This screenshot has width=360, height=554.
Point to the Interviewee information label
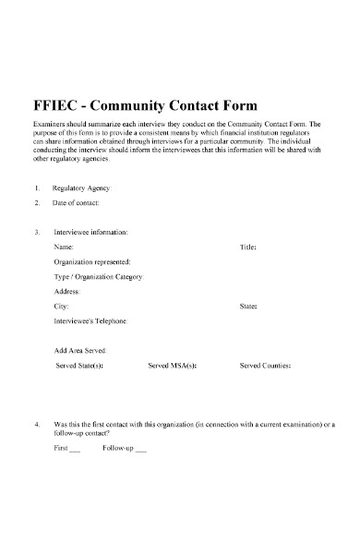(90, 232)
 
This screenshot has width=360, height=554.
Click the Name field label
(64, 247)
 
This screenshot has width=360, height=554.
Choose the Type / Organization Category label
(100, 276)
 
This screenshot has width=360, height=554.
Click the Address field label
(68, 291)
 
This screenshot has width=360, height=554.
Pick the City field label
(61, 305)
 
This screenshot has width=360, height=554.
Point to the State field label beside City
(248, 305)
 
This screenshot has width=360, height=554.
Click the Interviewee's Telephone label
(91, 320)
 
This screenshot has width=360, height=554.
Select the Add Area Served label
(81, 351)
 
